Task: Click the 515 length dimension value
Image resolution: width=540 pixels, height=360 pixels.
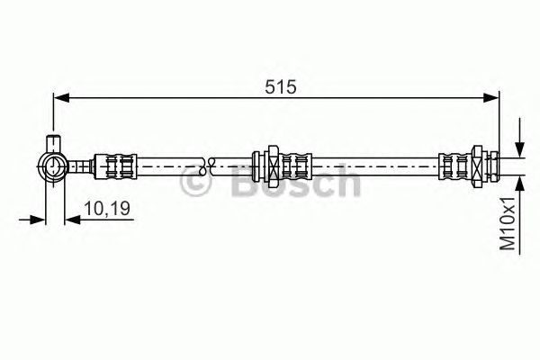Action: tap(280, 86)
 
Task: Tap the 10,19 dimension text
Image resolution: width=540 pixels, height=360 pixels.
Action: tap(107, 209)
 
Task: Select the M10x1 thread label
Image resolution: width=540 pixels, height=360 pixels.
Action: tap(508, 224)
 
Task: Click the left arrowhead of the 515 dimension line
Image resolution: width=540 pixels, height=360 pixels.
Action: tap(62, 98)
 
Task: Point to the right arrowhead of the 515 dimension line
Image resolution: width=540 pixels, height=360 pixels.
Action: tap(490, 98)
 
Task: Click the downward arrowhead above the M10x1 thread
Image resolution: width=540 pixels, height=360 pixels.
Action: tap(519, 150)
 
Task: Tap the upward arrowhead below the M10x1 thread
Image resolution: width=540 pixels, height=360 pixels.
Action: tap(519, 184)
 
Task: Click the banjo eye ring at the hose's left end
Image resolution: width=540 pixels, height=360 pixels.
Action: tap(53, 166)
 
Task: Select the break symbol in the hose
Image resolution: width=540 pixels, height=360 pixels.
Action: tap(207, 166)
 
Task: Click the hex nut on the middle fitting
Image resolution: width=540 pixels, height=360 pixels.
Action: tap(273, 166)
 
